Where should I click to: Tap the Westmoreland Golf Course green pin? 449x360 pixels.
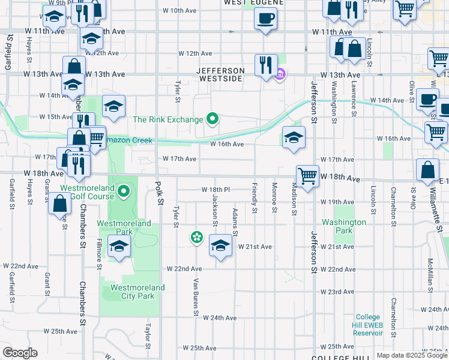click(x=124, y=192)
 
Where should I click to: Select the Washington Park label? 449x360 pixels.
click(x=343, y=226)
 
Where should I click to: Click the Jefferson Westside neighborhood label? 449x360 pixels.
click(x=221, y=74)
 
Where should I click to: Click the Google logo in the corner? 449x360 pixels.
click(x=20, y=352)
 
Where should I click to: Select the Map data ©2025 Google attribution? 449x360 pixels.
click(x=412, y=355)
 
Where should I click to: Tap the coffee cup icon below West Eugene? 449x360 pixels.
click(x=265, y=18)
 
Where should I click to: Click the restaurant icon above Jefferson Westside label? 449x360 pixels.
click(x=265, y=64)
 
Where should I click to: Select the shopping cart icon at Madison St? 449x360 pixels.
click(x=307, y=176)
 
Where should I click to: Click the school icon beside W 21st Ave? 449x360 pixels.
click(x=221, y=245)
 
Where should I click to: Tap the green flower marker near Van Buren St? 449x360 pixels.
click(x=196, y=238)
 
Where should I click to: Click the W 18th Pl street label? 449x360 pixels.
click(x=216, y=190)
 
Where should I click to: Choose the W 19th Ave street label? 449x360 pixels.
click(x=337, y=202)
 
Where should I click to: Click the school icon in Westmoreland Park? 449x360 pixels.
click(x=119, y=246)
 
